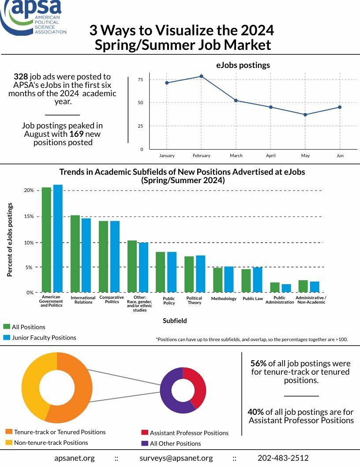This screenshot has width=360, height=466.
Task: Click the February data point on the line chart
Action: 201,76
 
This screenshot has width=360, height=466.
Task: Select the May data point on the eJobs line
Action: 305,115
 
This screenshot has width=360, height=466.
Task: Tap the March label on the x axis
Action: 236,156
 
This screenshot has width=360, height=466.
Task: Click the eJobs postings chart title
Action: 243,65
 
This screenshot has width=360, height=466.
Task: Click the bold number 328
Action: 21,77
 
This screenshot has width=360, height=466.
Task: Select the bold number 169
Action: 76,134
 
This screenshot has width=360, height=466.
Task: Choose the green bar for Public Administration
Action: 275,287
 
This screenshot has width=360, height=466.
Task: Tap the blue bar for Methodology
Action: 229,279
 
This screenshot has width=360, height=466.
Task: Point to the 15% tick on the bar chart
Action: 29,217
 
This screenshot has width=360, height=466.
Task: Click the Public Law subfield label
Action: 253,299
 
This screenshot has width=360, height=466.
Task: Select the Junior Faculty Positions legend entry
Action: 44,338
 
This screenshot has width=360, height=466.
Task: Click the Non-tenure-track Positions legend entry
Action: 51,443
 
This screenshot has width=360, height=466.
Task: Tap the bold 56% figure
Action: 258,364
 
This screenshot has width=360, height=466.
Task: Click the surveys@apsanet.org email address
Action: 176,458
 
